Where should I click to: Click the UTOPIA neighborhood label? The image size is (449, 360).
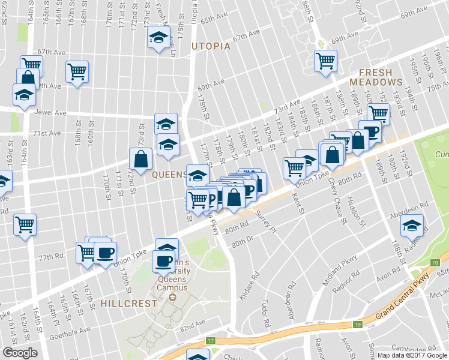[210, 46]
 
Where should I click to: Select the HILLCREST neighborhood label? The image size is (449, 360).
[128, 303]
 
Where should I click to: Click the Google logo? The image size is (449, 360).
[20, 353]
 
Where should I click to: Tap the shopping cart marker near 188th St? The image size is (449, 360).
[325, 60]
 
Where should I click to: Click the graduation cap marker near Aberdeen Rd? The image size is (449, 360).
[412, 226]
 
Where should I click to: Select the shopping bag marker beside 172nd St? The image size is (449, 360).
[140, 160]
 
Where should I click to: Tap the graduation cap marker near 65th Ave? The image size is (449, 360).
[158, 38]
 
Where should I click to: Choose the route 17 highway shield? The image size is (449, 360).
[210, 341]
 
